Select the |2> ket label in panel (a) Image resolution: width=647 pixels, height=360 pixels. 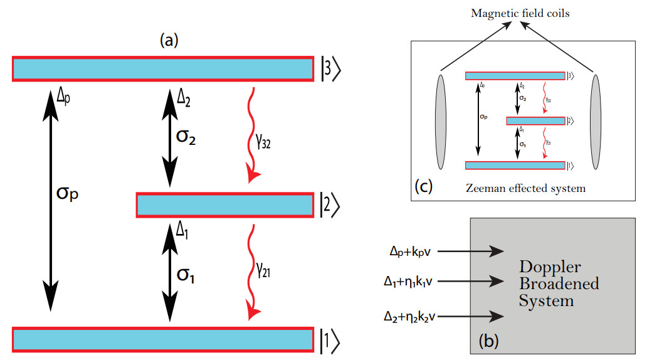coord(330,205)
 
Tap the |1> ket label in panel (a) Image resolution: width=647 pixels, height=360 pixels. coord(330,339)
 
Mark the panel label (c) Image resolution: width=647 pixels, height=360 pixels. coord(424,186)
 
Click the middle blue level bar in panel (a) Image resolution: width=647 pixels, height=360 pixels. coord(225,205)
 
